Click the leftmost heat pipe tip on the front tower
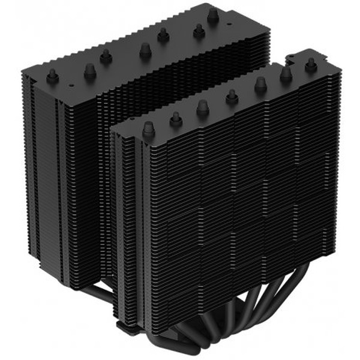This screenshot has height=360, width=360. tap(148, 127)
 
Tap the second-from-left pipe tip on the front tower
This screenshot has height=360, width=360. tap(176, 118)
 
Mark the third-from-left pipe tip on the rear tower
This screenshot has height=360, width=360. tap(106, 55)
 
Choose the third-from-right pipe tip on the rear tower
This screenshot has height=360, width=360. tap(163, 35)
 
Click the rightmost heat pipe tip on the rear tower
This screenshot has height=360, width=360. tap(213, 16)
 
